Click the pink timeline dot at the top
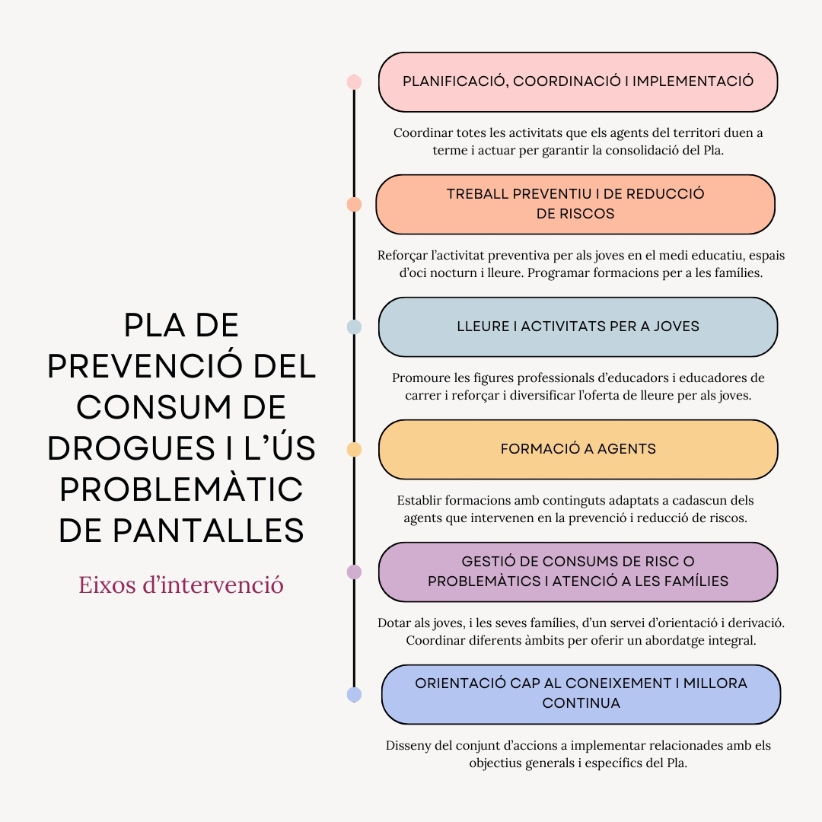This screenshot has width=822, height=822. tap(354, 82)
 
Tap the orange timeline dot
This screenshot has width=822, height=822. tap(354, 205)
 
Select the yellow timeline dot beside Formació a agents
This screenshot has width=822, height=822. tap(354, 450)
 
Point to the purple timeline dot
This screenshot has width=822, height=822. tap(354, 572)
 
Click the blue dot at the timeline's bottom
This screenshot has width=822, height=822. tap(354, 694)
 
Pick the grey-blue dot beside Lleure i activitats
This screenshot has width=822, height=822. tap(354, 327)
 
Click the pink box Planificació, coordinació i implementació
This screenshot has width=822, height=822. tap(578, 82)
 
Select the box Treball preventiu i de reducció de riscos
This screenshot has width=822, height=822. tap(575, 205)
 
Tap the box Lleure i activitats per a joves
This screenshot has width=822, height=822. tap(578, 327)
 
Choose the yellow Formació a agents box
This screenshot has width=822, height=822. tap(578, 450)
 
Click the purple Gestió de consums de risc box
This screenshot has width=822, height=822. tap(578, 572)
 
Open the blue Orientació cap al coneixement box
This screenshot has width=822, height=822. tap(581, 694)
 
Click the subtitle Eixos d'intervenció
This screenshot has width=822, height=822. tap(181, 585)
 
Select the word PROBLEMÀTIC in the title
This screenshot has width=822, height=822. tap(181, 489)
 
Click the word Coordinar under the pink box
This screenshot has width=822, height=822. tap(423, 133)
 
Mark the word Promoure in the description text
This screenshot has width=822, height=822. tap(420, 378)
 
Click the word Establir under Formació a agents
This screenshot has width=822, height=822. tap(421, 501)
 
